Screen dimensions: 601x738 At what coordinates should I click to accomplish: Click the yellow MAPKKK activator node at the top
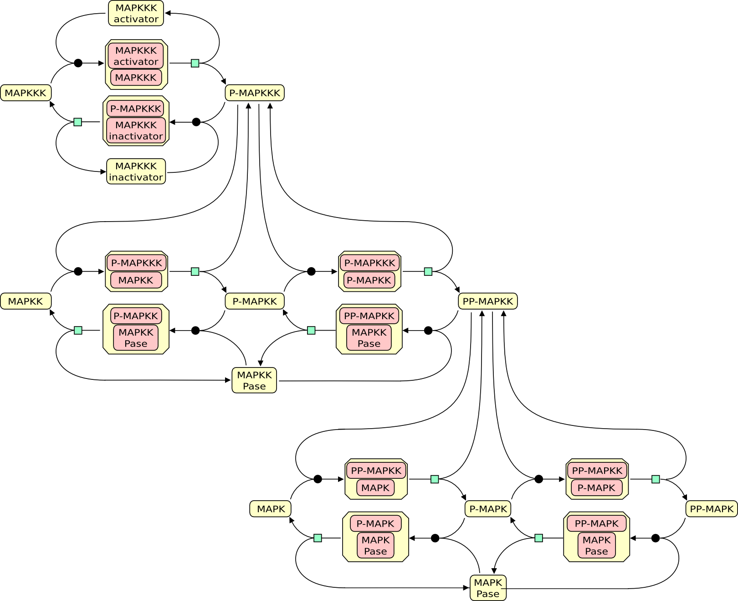136,13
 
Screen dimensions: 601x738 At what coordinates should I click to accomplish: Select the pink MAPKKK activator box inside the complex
136,56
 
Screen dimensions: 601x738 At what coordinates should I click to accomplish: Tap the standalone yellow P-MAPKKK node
255,93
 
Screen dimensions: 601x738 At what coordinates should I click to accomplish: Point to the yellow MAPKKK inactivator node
136,171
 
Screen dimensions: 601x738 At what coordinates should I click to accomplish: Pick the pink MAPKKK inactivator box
136,130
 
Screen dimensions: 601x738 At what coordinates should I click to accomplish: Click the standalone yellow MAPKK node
26,301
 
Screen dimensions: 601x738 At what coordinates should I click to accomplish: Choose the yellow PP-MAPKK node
487,301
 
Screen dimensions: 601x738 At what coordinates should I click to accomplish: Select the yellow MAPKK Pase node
254,380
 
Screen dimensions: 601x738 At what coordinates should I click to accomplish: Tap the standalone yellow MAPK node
271,509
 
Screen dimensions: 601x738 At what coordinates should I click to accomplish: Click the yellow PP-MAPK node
712,509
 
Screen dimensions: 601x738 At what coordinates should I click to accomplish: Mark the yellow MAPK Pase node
488,588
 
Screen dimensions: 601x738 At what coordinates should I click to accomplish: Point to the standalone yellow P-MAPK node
488,509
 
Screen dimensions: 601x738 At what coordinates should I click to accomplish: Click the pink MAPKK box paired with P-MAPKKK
136,280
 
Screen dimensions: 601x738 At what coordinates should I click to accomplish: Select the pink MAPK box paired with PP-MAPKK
375,488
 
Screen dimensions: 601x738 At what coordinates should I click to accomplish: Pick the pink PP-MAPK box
596,523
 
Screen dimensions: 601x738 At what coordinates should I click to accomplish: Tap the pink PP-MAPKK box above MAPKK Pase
369,316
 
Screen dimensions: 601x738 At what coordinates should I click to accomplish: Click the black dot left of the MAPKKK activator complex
78,63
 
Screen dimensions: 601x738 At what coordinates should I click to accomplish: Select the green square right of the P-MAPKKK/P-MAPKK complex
428,272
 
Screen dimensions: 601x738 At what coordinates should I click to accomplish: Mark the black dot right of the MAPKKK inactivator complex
196,122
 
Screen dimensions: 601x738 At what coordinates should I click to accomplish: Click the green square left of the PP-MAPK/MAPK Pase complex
538,538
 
